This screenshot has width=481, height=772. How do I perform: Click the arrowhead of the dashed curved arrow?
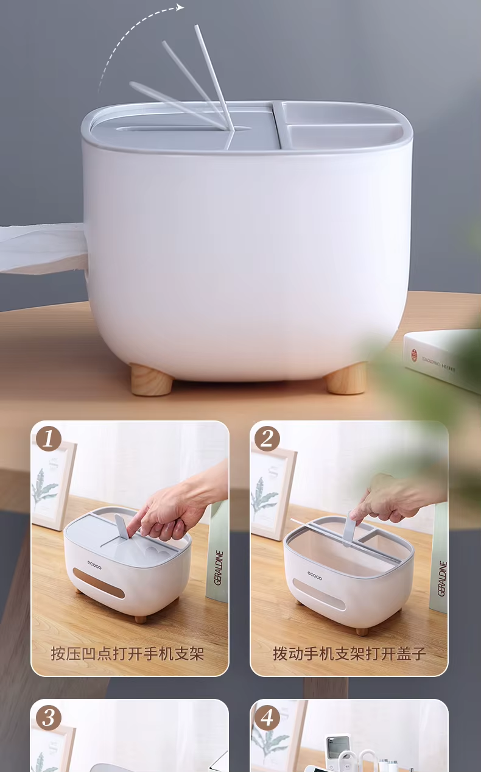click(x=180, y=7)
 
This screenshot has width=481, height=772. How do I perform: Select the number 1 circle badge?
click(x=49, y=439)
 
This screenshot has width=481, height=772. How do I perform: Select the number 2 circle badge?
click(x=267, y=439)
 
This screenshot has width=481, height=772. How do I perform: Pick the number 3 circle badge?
click(x=49, y=717)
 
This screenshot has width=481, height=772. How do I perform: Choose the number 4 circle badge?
click(x=267, y=717)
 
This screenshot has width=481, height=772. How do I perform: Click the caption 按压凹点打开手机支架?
click(x=127, y=654)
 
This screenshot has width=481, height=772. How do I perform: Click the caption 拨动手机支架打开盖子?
click(x=349, y=654)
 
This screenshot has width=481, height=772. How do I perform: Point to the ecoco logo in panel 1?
click(x=94, y=564)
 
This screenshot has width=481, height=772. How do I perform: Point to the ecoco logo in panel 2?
click(x=315, y=575)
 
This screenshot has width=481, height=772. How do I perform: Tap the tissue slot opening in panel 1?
click(x=99, y=584)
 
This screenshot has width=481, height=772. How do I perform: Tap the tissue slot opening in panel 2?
click(x=318, y=595)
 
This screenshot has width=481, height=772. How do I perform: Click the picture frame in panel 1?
click(x=52, y=484)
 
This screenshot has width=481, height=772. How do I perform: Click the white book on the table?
click(x=441, y=359)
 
